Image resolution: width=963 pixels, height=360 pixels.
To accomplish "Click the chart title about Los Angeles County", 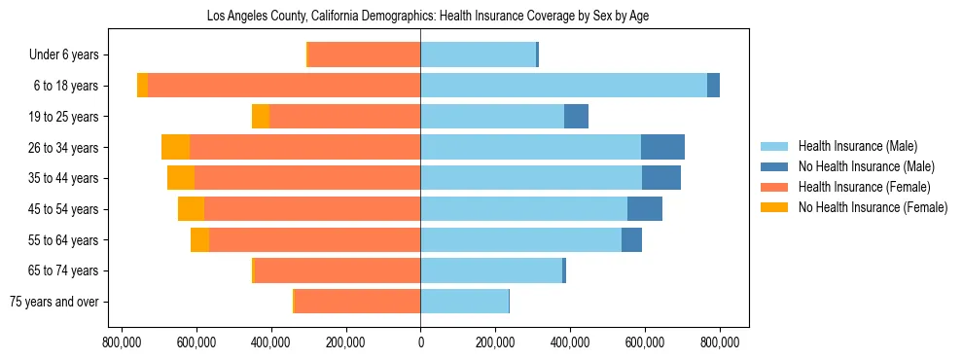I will point(428,17).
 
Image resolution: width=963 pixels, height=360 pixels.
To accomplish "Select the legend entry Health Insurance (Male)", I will point(857,146).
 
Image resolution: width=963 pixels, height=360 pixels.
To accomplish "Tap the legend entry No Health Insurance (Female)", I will point(873,207).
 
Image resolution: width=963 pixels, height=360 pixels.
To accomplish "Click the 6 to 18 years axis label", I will point(65,86).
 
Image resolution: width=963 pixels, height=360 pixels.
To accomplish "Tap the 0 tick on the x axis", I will point(420,342).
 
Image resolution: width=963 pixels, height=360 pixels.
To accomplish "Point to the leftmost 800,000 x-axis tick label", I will point(123,342).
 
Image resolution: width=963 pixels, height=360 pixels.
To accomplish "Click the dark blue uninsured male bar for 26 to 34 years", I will point(662,147).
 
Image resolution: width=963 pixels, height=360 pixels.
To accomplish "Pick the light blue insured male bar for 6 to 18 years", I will point(563,86).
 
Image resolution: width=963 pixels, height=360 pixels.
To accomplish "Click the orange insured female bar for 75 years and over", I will point(357,302).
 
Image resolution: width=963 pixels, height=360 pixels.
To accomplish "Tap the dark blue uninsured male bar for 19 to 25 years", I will point(576,117).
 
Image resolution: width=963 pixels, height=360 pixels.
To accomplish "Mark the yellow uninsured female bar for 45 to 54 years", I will point(191,209).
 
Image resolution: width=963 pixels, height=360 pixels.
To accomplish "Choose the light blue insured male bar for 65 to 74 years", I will point(491,270).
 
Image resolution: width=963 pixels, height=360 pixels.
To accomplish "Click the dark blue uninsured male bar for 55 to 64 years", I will point(631,239).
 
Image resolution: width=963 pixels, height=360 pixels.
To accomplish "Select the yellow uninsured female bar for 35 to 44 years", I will point(181,178).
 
